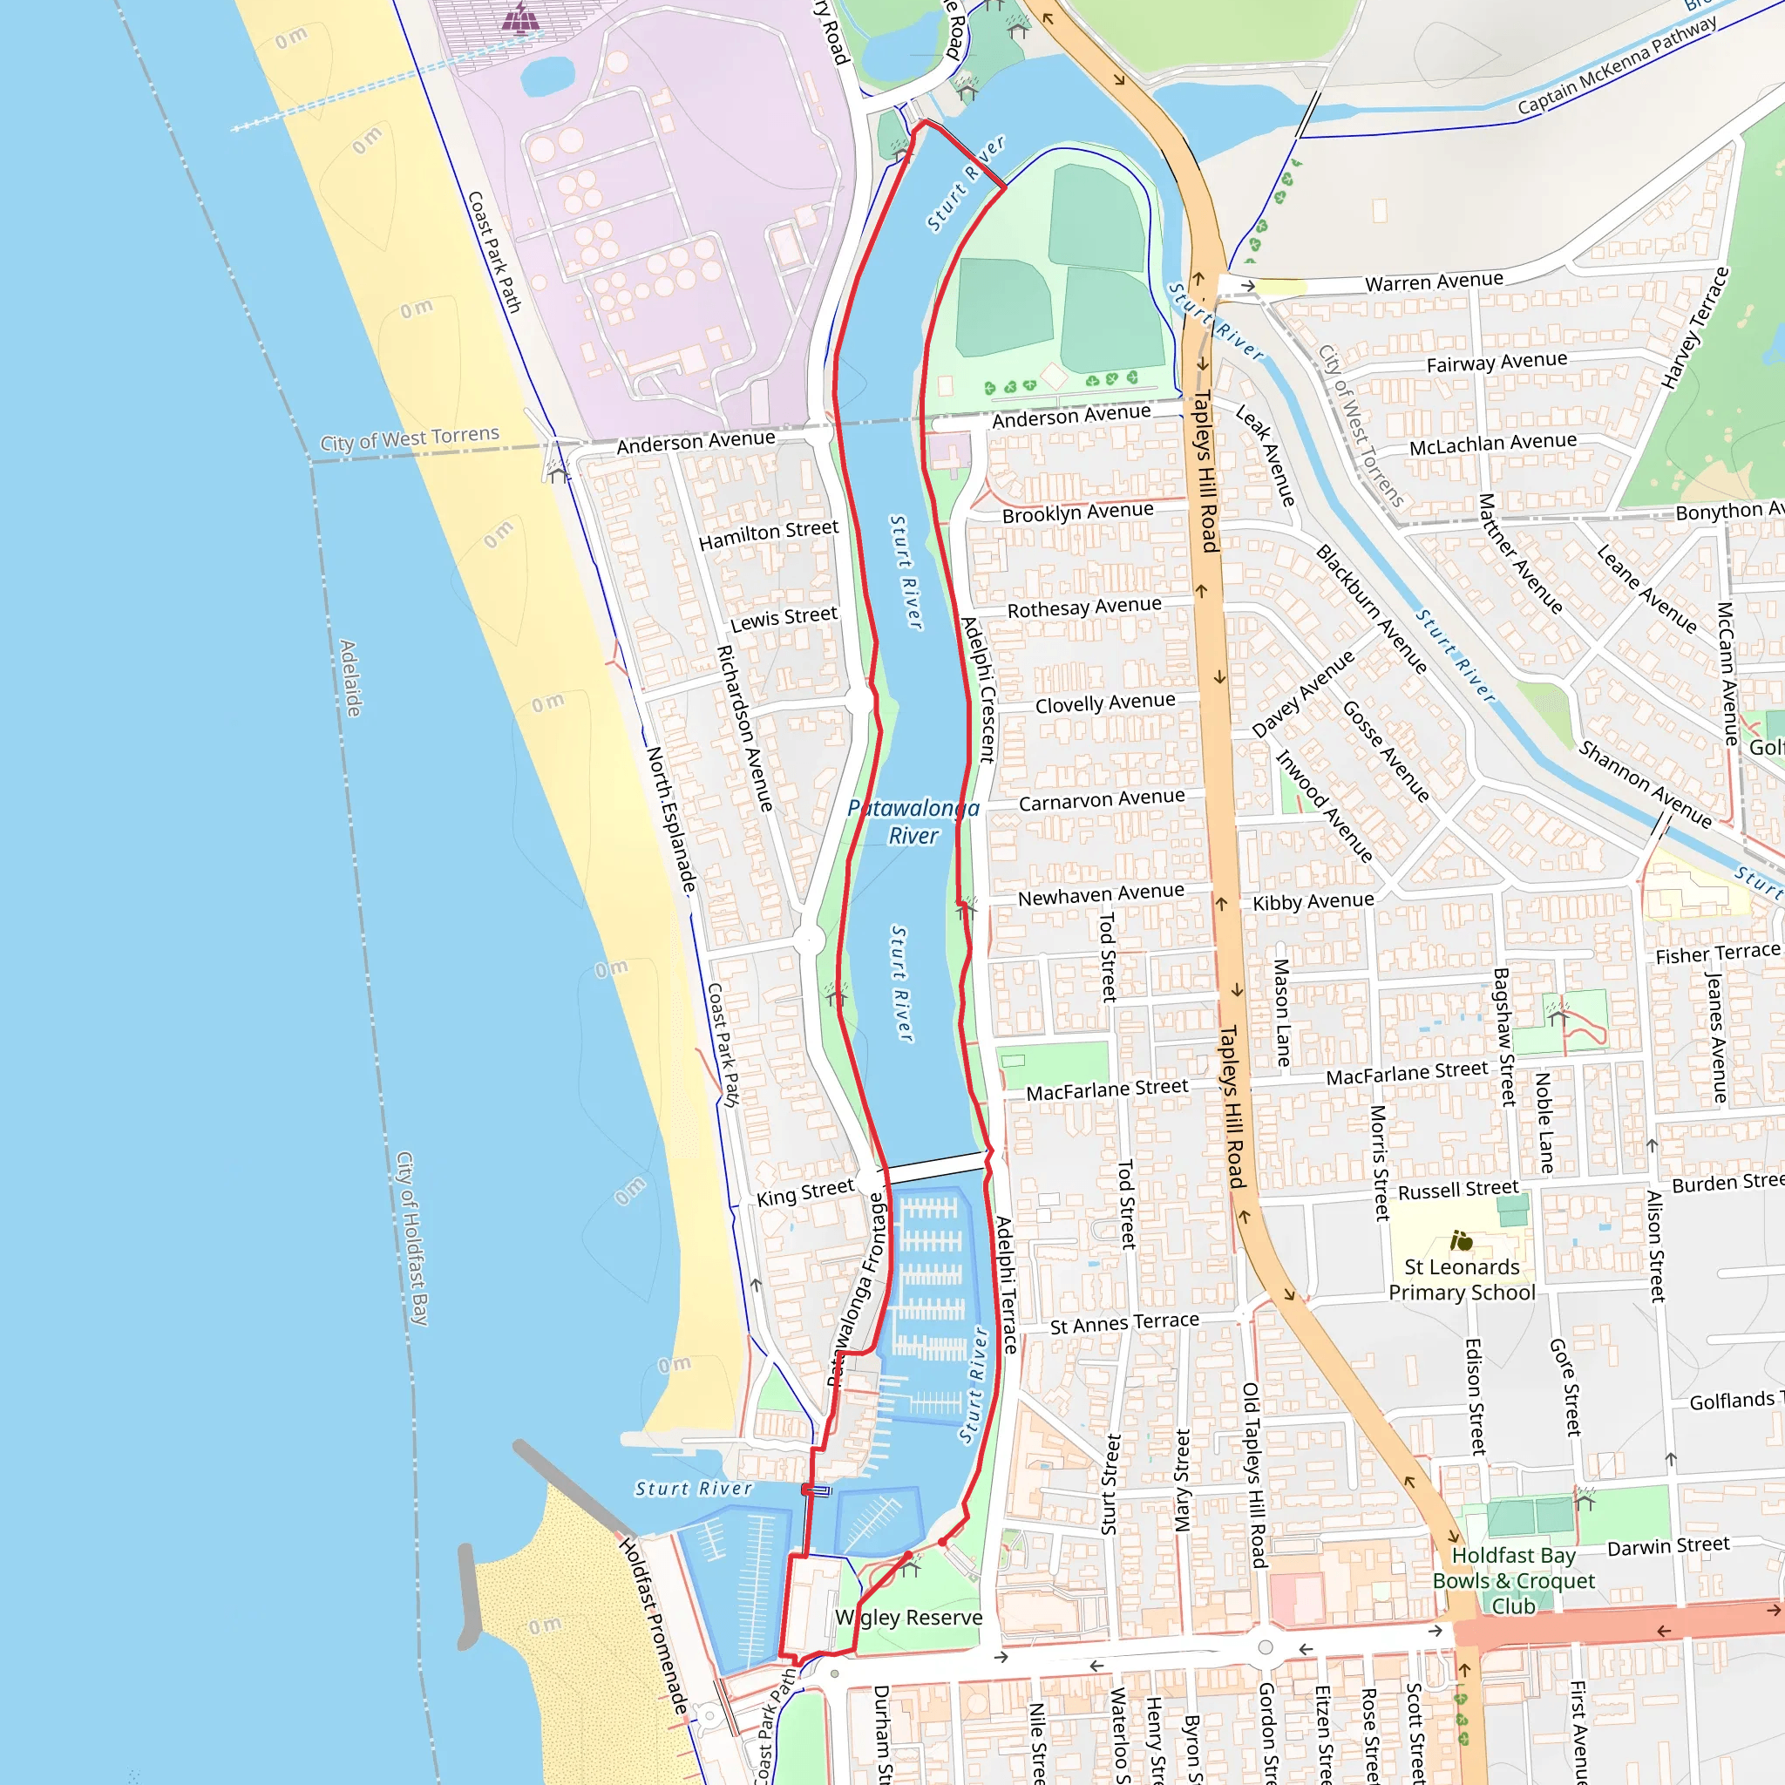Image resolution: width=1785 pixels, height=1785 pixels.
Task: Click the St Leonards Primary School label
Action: pos(1462,1279)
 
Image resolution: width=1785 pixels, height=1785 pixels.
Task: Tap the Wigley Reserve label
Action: pos(908,1618)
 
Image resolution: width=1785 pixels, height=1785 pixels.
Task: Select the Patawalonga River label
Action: pos(913,821)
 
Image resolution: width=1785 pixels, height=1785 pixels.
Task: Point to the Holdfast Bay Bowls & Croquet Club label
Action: pos(1513,1581)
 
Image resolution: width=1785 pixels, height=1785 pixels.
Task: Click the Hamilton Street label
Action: pos(768,534)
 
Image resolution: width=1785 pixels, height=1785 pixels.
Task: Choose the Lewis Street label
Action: pos(784,618)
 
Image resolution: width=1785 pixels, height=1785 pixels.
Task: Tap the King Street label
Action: pos(804,1191)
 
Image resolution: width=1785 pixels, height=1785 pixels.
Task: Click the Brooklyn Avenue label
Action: pos(1077,512)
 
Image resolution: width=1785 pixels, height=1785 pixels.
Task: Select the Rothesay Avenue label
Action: pos(1083,607)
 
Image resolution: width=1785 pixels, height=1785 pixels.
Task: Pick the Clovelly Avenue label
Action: pos(1105,703)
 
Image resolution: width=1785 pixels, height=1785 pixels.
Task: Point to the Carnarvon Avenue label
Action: pos(1102,799)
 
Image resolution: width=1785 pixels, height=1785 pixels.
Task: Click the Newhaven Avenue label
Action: pos(1101,894)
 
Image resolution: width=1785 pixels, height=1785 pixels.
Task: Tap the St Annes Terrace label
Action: pos(1124,1323)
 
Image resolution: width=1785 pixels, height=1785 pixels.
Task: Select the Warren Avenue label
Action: pos(1434,282)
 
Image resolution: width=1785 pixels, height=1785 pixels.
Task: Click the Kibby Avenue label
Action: pos(1313,902)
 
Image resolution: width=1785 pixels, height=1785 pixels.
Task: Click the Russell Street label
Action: pos(1458,1190)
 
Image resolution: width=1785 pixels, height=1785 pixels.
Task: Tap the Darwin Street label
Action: pos(1667,1545)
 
